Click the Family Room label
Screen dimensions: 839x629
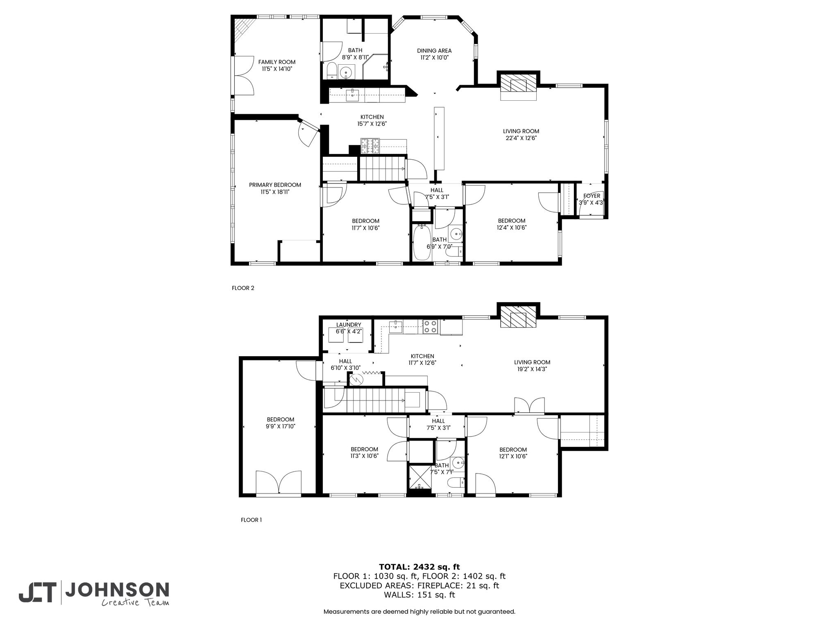click(x=277, y=62)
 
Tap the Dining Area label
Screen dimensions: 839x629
click(x=434, y=51)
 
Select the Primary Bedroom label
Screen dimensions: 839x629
click(x=275, y=185)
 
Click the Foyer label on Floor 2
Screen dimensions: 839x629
click(x=592, y=196)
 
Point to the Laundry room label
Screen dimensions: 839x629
click(x=349, y=325)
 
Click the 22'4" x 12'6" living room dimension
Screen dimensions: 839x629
click(x=521, y=138)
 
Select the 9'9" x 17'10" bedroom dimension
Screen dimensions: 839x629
click(x=281, y=426)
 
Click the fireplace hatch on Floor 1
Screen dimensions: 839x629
click(x=518, y=317)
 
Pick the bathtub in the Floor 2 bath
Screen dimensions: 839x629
click(x=422, y=242)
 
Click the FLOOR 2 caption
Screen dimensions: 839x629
click(x=243, y=288)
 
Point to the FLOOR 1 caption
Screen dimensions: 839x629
click(x=251, y=520)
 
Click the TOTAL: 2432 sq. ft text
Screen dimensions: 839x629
click(x=419, y=567)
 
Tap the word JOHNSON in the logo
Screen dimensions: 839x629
click(x=117, y=590)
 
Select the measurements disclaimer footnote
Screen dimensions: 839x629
click(x=419, y=611)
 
